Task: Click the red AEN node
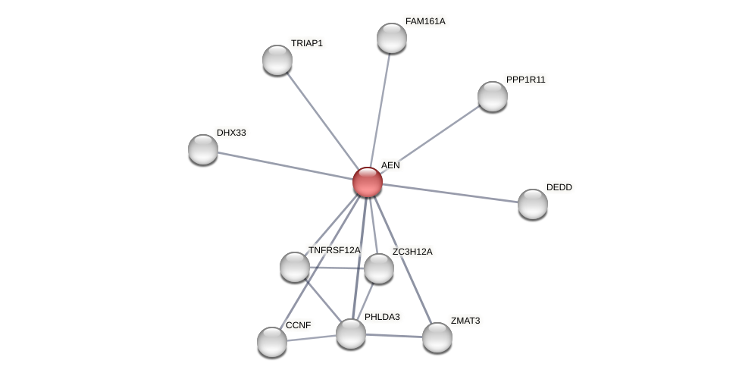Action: click(368, 182)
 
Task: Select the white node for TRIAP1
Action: click(277, 60)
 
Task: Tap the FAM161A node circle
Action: click(392, 38)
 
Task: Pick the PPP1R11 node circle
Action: click(493, 96)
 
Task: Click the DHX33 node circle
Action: click(203, 149)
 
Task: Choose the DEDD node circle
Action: click(533, 204)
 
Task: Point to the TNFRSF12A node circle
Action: click(295, 267)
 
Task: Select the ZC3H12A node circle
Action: click(379, 268)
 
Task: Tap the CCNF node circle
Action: click(272, 342)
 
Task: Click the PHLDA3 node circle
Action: click(351, 334)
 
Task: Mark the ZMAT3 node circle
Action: click(437, 337)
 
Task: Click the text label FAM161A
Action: click(425, 21)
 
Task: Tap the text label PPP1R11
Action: click(525, 80)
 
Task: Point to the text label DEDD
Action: click(559, 187)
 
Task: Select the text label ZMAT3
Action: click(465, 321)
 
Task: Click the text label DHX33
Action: click(231, 133)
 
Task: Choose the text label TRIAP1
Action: click(307, 43)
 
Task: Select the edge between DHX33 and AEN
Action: click(284, 165)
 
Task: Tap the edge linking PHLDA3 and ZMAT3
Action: click(394, 336)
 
